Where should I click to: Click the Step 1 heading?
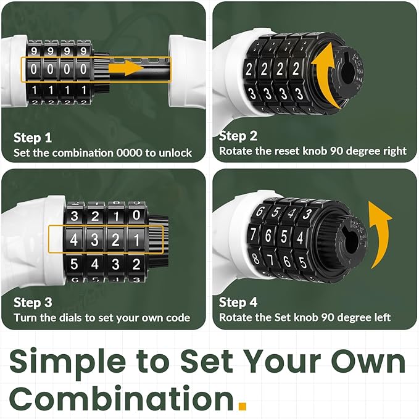pyautogui.click(x=33, y=138)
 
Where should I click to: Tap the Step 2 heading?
pyautogui.click(x=238, y=136)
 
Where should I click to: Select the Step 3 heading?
pyautogui.click(x=33, y=303)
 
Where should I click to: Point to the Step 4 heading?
pyautogui.click(x=238, y=302)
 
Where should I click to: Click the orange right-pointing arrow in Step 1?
pyautogui.click(x=127, y=68)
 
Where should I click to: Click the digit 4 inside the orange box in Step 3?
pyautogui.click(x=74, y=239)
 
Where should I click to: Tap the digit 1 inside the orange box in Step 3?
pyautogui.click(x=137, y=239)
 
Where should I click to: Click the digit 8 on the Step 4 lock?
pyautogui.click(x=255, y=259)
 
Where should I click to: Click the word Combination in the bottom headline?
pyautogui.click(x=122, y=398)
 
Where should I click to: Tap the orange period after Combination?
pyautogui.click(x=243, y=405)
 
